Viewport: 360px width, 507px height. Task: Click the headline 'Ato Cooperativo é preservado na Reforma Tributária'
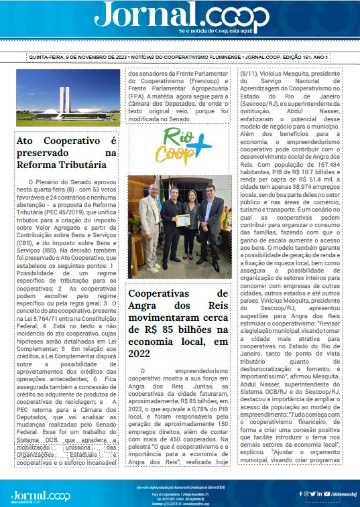66,153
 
